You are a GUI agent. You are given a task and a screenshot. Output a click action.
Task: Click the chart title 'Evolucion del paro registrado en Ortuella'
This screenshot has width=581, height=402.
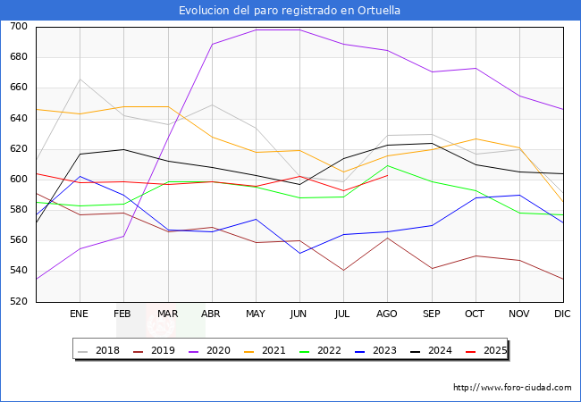290,11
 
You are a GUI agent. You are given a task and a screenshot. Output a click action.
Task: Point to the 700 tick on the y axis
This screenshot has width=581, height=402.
18,27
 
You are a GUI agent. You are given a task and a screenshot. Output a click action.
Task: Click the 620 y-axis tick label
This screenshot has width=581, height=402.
18,149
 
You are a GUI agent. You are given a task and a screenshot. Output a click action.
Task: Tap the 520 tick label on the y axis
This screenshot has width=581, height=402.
18,302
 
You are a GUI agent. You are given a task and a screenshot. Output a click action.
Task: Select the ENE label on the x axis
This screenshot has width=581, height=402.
80,314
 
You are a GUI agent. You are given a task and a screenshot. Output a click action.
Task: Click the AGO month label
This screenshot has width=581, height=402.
387,314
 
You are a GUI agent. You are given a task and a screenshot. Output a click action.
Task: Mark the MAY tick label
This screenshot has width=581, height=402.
256,314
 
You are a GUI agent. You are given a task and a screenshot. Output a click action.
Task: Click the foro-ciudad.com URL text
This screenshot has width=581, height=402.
512,388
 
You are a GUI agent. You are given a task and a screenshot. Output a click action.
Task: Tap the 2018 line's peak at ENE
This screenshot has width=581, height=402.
80,80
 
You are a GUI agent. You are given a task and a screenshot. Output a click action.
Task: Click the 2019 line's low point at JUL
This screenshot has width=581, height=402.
343,270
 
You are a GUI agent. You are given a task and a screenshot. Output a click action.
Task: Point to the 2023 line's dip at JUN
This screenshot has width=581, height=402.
299,253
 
